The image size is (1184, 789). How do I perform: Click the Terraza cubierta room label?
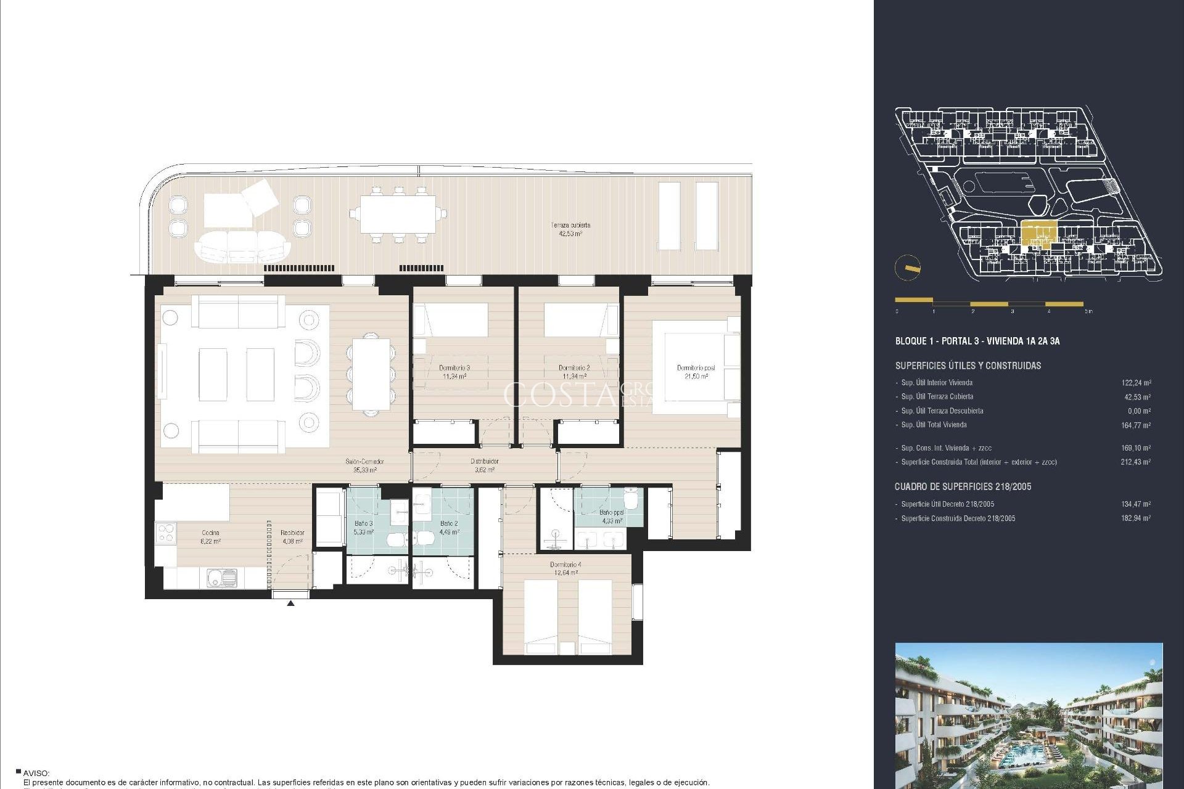(x=570, y=229)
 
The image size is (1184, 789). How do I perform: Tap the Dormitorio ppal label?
(x=696, y=372)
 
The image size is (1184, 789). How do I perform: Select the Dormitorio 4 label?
(x=565, y=568)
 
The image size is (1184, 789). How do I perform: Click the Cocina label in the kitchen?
(x=210, y=536)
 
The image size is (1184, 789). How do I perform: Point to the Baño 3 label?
(x=363, y=527)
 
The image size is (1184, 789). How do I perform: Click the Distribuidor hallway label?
(x=484, y=465)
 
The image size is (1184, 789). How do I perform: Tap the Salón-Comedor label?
(x=364, y=465)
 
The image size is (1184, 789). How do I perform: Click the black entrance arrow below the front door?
(x=290, y=603)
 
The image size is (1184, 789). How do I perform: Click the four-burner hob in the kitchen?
(x=166, y=533)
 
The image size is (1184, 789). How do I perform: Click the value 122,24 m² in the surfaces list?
(x=1136, y=383)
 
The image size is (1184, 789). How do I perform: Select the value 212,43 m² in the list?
(x=1135, y=462)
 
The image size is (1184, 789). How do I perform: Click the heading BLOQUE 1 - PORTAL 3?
(x=977, y=341)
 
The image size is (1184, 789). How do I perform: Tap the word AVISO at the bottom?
(x=36, y=773)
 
